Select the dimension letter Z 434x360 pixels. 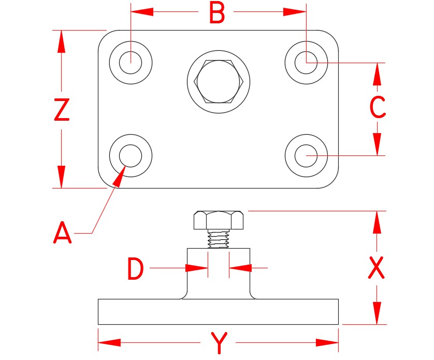click(62, 110)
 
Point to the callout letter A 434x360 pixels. click(63, 233)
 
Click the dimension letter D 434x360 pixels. click(135, 270)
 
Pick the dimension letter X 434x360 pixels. click(377, 268)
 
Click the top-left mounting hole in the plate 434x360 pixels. click(131, 63)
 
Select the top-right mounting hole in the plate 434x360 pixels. click(306, 63)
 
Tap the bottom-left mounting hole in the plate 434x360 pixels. click(131, 155)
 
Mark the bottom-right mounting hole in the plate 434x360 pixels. click(306, 155)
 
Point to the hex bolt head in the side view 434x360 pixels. click(219, 220)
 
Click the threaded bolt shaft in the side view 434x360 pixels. click(218, 239)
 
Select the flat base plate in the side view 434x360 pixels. click(218, 312)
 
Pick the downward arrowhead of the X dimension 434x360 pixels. click(377, 312)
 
